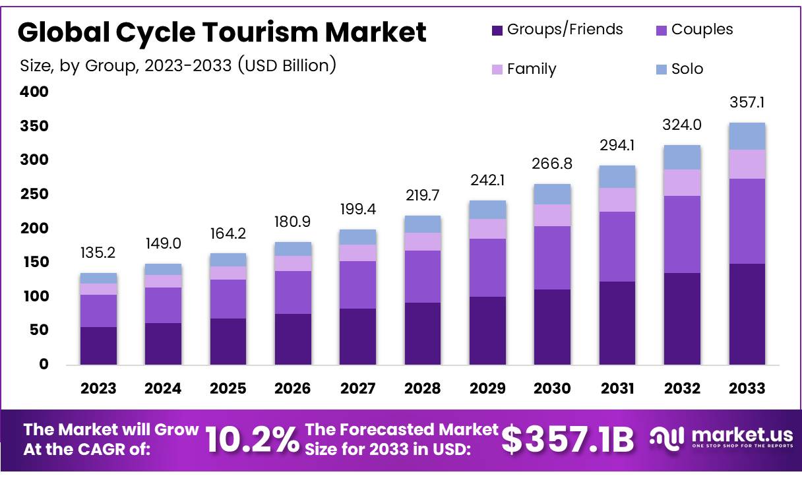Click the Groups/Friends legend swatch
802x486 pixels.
coord(497,30)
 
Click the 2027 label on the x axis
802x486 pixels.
coord(358,388)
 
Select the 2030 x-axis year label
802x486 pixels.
coord(553,388)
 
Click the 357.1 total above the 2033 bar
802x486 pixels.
coord(747,103)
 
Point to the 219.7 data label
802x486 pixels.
coord(423,196)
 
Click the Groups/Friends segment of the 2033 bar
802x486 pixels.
coord(747,314)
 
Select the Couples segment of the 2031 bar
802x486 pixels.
coord(617,247)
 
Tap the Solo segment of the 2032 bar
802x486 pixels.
coord(682,158)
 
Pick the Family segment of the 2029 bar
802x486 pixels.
coord(487,229)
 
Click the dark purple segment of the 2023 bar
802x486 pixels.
coord(98,346)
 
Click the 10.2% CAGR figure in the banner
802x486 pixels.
coord(252,440)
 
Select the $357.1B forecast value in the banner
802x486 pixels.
coord(568,440)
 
